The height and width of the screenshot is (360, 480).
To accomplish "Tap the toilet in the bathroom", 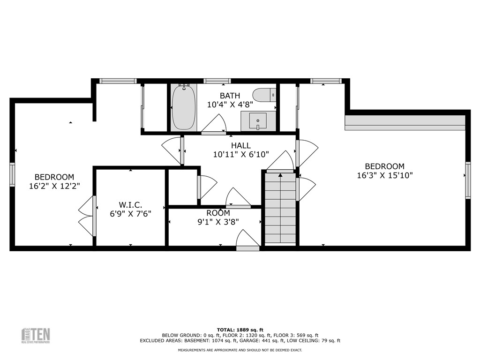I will point(264,95).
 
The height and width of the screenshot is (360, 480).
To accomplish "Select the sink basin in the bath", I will point(257,121).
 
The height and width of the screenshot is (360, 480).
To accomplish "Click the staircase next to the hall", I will point(280,209).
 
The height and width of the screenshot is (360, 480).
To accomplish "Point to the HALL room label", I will point(240,146).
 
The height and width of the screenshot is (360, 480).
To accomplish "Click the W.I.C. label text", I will point(130,205).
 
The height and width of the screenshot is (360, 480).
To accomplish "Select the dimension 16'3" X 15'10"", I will point(384,176).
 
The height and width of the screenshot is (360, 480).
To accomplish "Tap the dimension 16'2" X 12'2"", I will point(54,186).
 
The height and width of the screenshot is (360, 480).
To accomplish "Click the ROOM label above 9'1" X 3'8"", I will point(218,213).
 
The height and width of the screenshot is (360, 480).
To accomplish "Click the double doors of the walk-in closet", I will point(87,216).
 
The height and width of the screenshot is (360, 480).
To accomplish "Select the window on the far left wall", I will point(12,174).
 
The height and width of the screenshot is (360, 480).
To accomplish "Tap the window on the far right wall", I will point(467,180).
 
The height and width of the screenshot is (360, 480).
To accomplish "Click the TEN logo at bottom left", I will point(36,335).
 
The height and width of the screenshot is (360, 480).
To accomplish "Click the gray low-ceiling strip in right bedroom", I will point(405,122).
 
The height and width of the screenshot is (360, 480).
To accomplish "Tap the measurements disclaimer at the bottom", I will point(240,350).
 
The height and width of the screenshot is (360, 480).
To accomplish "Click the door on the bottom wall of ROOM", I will point(247,241).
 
